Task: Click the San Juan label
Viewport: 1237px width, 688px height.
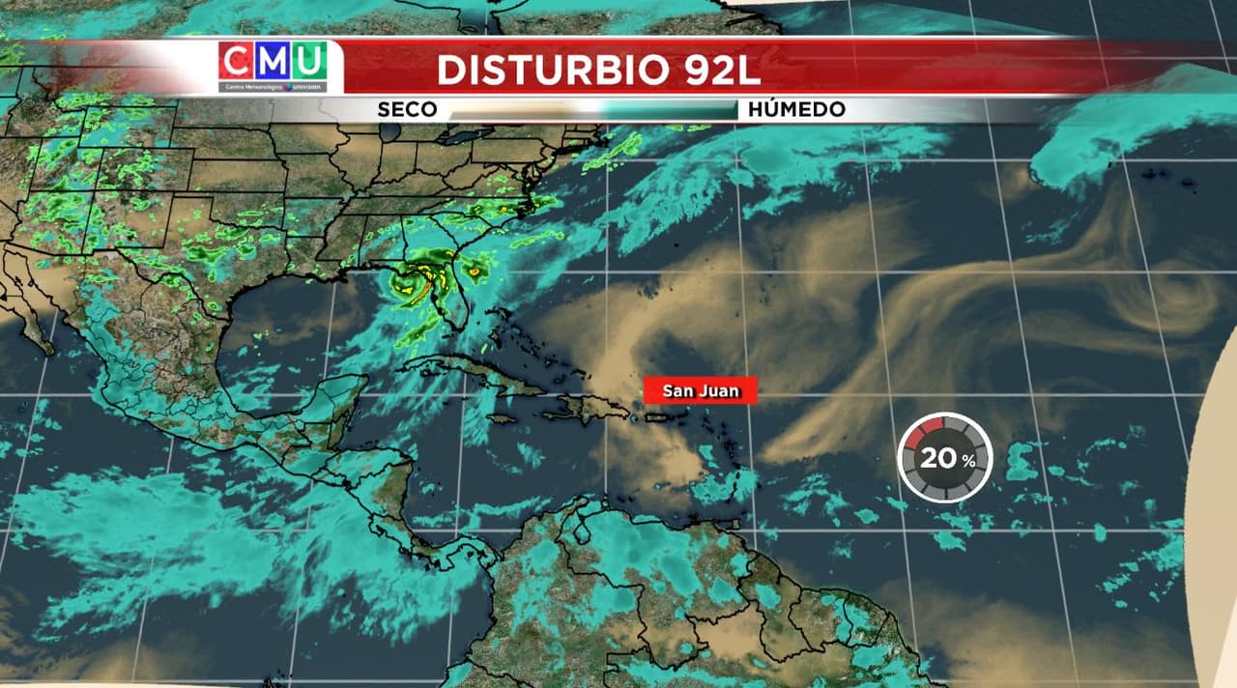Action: coord(701,390)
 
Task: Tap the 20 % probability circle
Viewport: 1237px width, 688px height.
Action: coord(945,458)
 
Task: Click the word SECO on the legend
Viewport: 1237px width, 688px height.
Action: coord(407,109)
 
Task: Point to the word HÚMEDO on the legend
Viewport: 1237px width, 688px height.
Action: coord(796,109)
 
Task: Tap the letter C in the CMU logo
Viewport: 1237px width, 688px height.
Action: coord(237,62)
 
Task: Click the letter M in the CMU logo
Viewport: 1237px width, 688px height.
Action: coord(273,62)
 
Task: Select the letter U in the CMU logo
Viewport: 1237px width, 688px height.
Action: coord(308,62)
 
